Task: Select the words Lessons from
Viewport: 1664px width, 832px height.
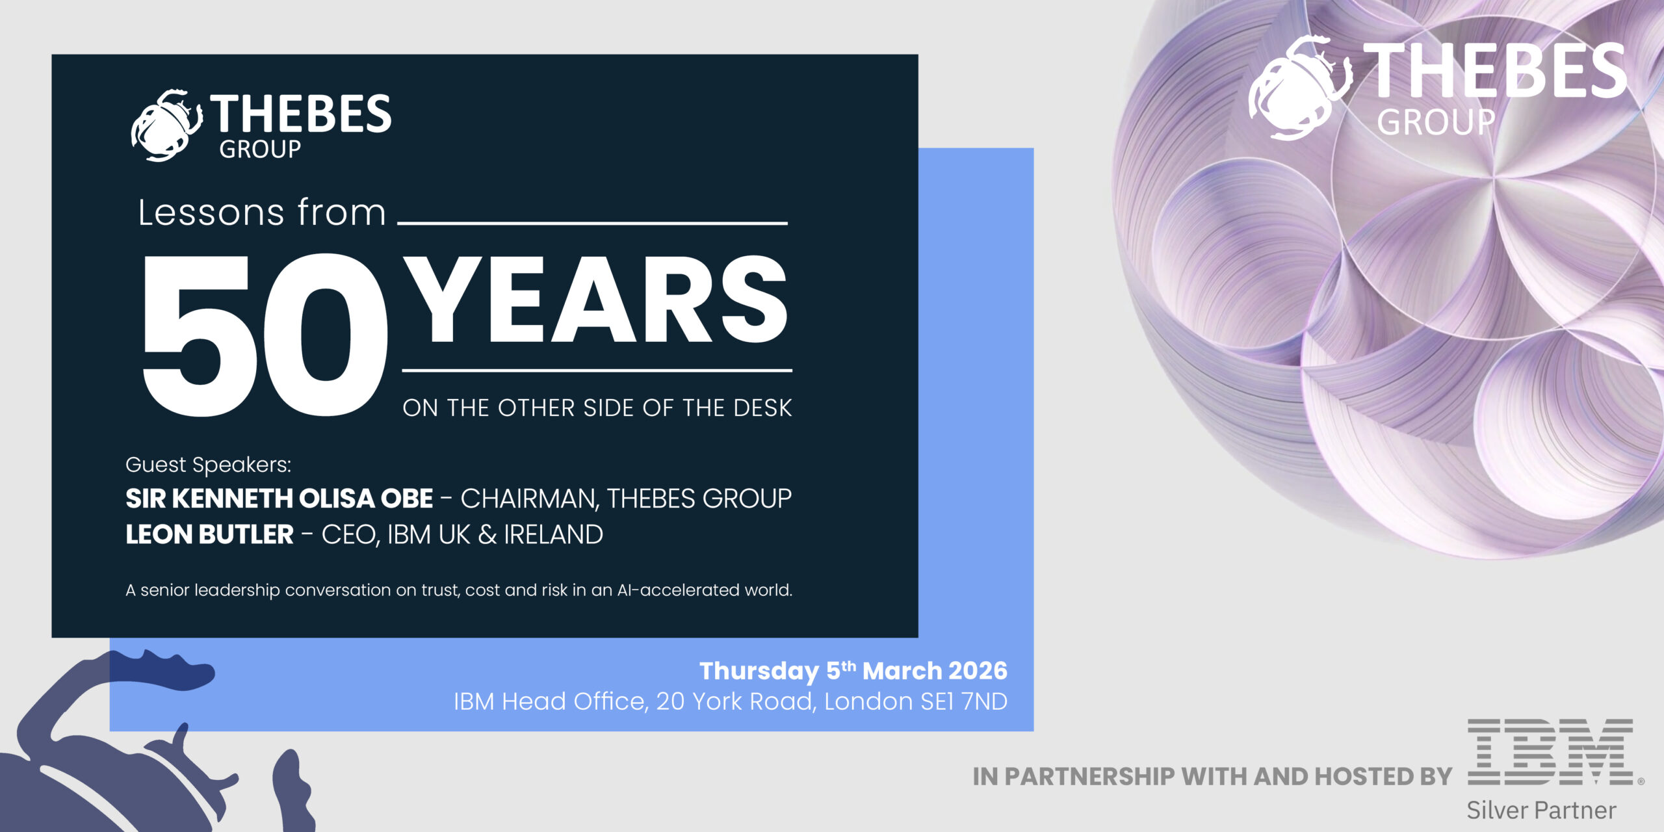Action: [x=262, y=213]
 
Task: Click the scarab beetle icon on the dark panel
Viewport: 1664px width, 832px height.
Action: [x=166, y=125]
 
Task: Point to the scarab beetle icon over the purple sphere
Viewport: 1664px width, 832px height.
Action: [x=1299, y=88]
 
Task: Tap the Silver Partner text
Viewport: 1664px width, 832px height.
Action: [x=1541, y=810]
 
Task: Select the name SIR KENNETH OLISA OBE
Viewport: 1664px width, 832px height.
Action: [x=279, y=499]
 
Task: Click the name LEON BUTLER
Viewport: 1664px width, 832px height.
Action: [x=209, y=534]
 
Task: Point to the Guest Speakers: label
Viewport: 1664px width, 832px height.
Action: [x=208, y=465]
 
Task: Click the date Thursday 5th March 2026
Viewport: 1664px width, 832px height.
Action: [x=853, y=670]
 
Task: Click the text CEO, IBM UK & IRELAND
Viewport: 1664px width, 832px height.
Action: [x=462, y=534]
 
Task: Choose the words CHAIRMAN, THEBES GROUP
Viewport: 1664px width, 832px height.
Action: [x=626, y=499]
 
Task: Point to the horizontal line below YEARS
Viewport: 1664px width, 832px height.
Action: [x=597, y=370]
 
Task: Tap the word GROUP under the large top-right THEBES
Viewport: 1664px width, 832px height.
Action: [x=1436, y=122]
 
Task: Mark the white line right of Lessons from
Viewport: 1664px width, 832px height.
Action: [x=592, y=223]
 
